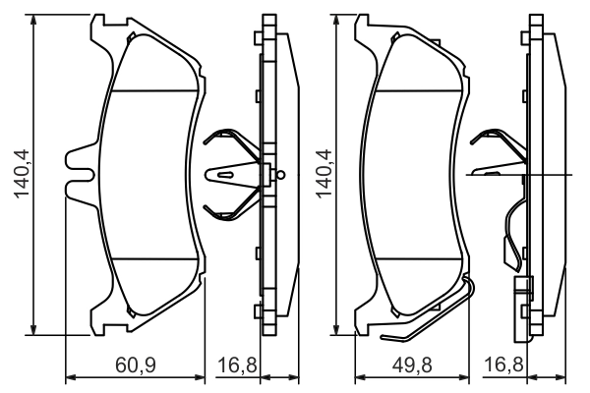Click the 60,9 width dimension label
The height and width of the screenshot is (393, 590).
(138, 366)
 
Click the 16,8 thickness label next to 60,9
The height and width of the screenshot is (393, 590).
(236, 366)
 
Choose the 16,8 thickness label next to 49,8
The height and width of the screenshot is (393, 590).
(504, 366)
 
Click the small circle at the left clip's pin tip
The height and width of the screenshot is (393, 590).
(281, 176)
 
